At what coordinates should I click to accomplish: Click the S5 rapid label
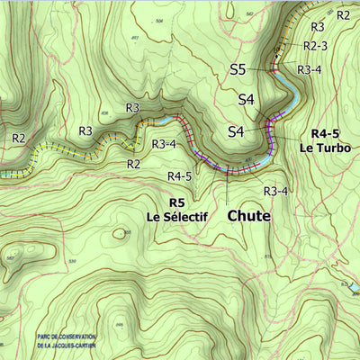(238, 68)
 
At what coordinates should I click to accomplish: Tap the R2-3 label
(315, 45)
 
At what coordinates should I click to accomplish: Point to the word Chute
(249, 216)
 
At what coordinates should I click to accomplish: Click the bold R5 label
(176, 202)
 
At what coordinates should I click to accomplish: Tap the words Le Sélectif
(177, 217)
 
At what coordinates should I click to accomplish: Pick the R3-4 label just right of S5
(310, 69)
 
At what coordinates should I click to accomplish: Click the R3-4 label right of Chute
(275, 191)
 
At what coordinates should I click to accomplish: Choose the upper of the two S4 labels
(247, 99)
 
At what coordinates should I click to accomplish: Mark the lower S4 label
(236, 131)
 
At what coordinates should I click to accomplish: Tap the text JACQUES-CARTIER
(82, 344)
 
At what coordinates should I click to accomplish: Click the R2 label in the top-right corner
(343, 14)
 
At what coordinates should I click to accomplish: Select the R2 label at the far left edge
(19, 138)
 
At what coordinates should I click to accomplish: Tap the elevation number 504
(160, 20)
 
